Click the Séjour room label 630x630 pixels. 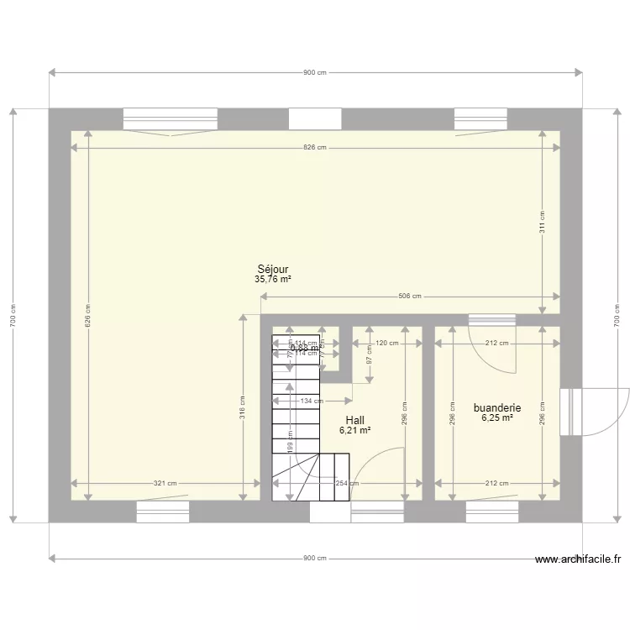273,270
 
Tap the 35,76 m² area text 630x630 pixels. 273,280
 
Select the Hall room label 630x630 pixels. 355,419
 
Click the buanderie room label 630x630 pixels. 497,407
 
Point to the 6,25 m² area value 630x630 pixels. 497,417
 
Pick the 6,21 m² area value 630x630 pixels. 355,430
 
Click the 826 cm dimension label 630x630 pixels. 314,148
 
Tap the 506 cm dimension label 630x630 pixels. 410,297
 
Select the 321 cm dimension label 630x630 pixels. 165,483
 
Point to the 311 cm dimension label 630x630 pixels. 543,221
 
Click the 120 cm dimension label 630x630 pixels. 386,344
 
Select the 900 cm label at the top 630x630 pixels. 315,73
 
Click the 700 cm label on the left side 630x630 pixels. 13,315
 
